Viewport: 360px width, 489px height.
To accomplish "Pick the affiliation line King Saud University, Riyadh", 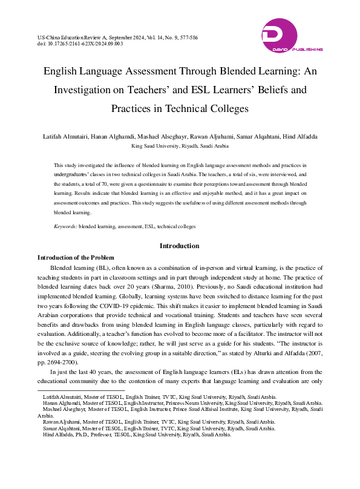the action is [180, 146].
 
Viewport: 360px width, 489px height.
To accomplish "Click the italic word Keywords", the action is [65, 226].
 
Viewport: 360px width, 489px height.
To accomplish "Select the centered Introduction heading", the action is [179, 246].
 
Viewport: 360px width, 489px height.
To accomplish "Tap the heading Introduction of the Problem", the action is [76, 258].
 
